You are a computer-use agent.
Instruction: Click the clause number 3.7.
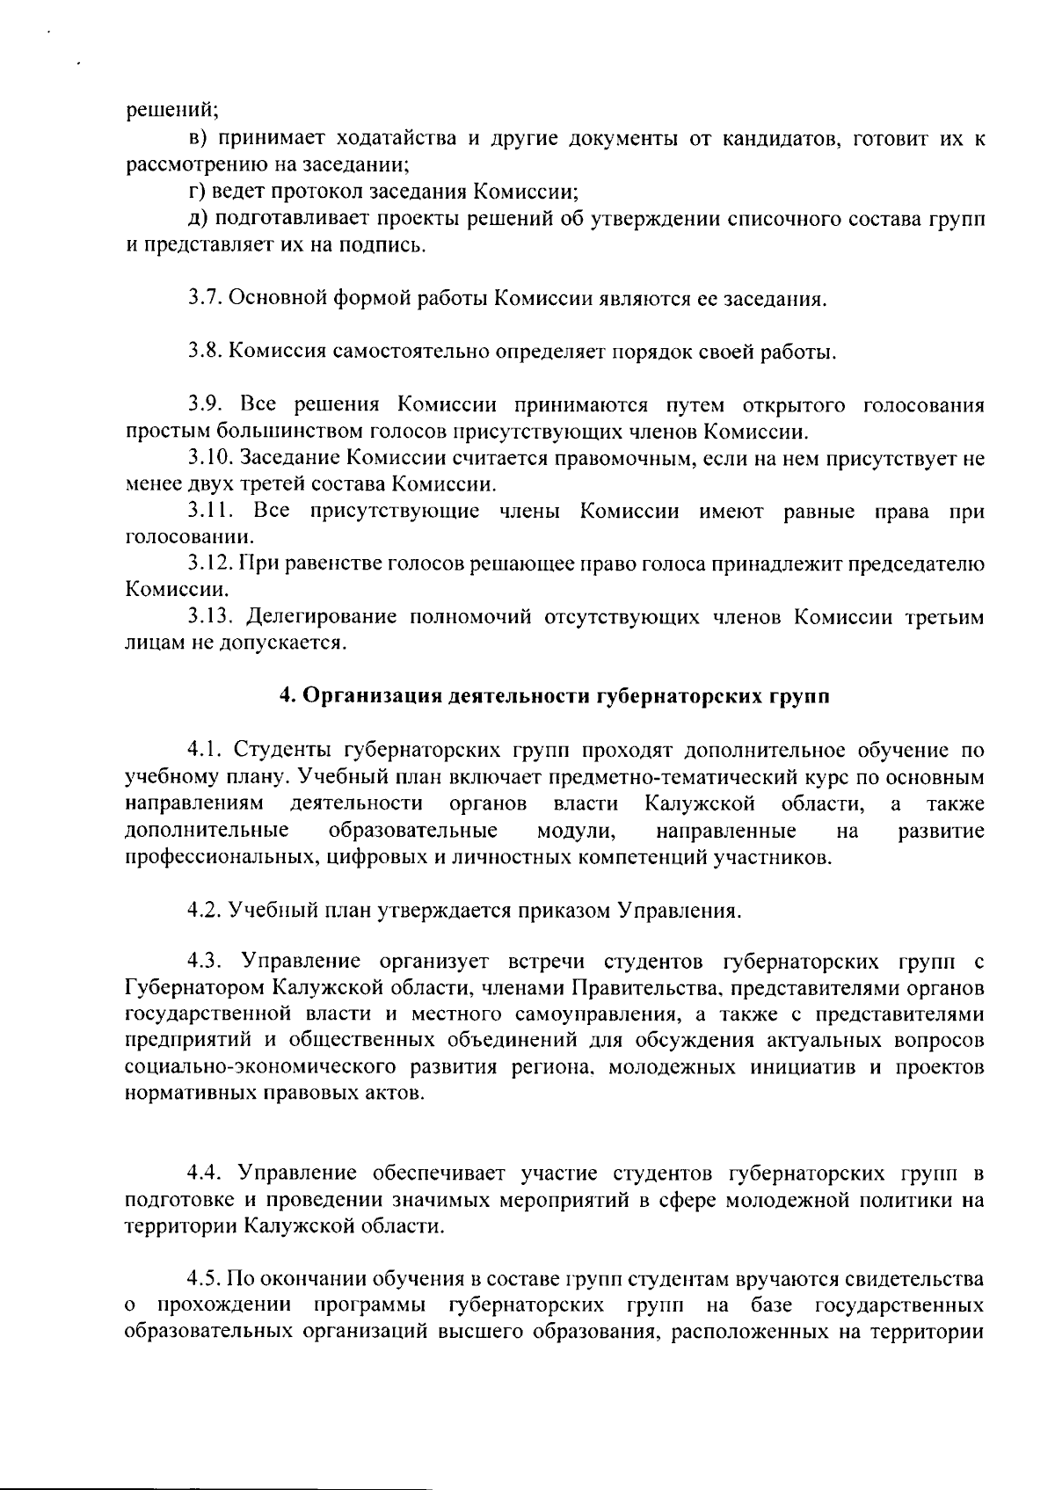tap(205, 299)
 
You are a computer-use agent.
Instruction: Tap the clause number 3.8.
tap(205, 353)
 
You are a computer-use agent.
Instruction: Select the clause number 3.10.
tap(209, 458)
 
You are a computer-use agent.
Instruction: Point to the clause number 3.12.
tap(209, 563)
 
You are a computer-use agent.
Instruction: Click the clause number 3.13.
tap(210, 617)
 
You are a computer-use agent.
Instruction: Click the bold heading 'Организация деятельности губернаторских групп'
tap(554, 697)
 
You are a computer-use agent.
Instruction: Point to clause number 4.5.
tap(205, 1279)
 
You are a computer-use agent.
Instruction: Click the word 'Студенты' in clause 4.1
tap(282, 750)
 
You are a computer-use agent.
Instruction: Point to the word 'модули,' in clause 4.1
tap(576, 831)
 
